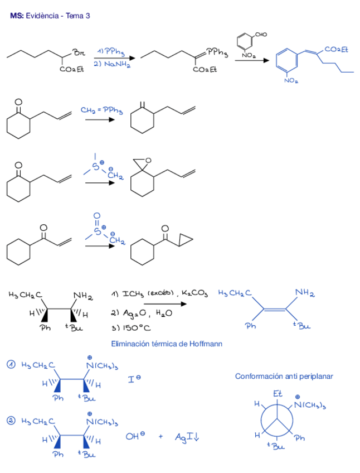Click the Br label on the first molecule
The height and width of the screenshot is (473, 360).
(79, 53)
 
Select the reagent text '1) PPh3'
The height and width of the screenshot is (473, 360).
(110, 52)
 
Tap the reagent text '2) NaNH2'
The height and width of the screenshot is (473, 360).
(111, 64)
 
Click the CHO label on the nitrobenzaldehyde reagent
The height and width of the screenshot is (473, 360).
(261, 35)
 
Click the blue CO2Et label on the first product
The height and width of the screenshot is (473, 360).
(335, 50)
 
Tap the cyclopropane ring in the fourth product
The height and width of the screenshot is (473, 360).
(186, 240)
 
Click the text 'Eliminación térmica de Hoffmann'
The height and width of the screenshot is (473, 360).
(167, 344)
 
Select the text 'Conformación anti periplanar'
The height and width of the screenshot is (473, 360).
(284, 376)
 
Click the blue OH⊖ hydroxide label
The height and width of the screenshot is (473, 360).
(133, 437)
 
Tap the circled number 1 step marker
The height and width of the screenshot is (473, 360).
(11, 365)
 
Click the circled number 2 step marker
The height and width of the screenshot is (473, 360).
(11, 420)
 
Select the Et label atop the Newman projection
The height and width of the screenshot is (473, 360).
(278, 394)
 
